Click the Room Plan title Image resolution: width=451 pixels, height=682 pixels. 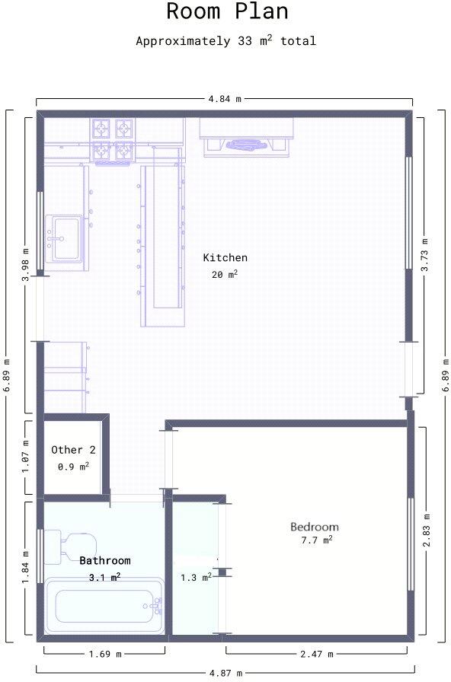click(226, 12)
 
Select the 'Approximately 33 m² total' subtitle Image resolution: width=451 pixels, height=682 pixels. click(225, 41)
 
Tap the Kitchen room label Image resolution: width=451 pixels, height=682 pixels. click(225, 257)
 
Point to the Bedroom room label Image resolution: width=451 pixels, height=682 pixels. click(314, 527)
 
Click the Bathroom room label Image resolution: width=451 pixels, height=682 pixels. click(104, 560)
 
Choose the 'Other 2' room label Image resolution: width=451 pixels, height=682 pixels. click(73, 450)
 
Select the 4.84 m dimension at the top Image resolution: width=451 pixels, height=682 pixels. click(225, 99)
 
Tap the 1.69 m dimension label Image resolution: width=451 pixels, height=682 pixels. click(104, 653)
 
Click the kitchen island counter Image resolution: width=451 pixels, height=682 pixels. click(162, 244)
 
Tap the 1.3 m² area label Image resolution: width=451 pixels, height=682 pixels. click(195, 578)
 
